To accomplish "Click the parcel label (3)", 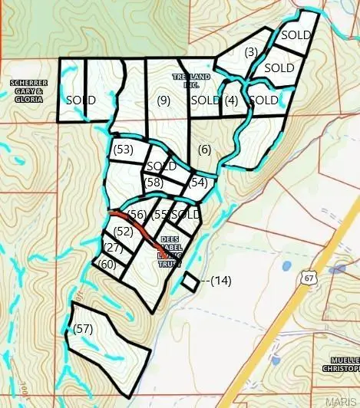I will [250, 52].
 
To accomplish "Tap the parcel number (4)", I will [231, 100].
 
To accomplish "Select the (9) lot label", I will [163, 100].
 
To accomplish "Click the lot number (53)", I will [123, 149].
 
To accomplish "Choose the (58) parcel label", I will [154, 182].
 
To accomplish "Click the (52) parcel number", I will [123, 230].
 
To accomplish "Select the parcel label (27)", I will [114, 247].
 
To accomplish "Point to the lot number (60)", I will [107, 264].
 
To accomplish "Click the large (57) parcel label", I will [83, 328].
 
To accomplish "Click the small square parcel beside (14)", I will [189, 281].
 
